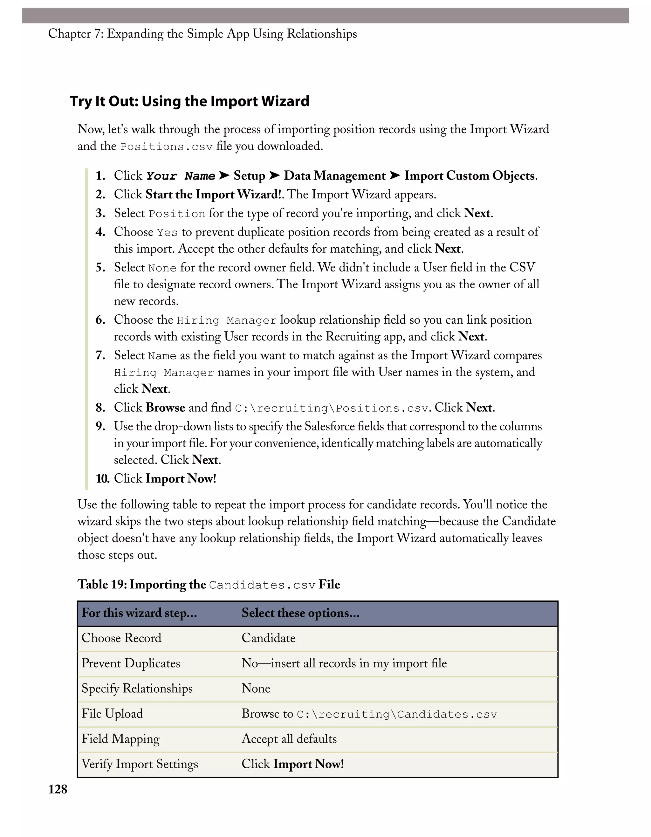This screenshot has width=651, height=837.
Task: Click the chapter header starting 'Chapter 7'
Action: [202, 34]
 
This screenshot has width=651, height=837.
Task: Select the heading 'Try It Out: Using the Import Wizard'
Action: [189, 101]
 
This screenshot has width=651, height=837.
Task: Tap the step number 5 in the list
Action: [100, 267]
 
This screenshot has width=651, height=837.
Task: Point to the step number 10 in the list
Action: [102, 479]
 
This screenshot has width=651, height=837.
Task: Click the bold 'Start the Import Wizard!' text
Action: [213, 194]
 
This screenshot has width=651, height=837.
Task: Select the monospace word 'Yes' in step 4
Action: [167, 233]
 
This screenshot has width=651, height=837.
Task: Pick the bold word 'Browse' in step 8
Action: [165, 408]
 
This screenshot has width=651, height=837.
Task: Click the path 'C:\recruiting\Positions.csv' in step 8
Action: [331, 408]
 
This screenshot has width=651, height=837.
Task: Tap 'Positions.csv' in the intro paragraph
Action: [166, 147]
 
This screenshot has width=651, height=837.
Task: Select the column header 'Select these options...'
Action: [300, 613]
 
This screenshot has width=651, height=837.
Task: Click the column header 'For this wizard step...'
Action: [139, 613]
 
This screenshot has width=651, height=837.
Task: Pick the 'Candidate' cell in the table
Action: [268, 638]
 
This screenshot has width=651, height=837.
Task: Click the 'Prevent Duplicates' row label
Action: [131, 663]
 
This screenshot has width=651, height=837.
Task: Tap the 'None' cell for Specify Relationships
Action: [256, 689]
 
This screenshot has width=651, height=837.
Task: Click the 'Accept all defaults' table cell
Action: [289, 739]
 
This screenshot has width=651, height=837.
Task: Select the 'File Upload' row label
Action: [112, 714]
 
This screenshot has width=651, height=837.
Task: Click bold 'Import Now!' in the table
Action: [308, 764]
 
